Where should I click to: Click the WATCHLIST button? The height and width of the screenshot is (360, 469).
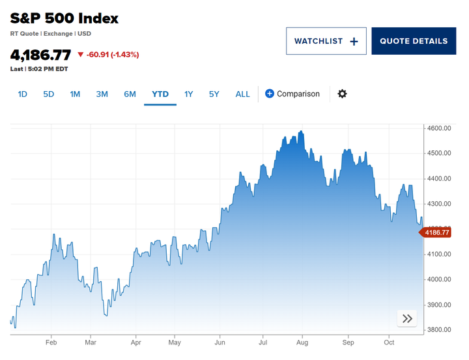coord(326,41)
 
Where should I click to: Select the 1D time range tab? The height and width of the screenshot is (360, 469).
coord(22,94)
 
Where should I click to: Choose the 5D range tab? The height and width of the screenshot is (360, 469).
coord(49,94)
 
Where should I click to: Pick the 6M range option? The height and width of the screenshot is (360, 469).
coord(130,94)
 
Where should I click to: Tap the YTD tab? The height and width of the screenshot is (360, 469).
coord(160,94)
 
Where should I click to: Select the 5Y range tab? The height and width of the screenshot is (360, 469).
coord(214,94)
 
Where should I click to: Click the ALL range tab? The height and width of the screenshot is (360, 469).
coord(242,94)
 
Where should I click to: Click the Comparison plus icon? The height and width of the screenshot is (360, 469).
coord(270,94)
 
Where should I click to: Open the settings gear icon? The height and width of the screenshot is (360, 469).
coord(342,94)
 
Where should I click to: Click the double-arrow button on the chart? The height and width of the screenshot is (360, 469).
coord(407,318)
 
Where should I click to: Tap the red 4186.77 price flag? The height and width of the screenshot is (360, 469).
coord(436,232)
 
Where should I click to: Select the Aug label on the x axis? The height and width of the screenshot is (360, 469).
coord(302,342)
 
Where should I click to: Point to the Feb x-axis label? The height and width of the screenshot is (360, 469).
coord(51,342)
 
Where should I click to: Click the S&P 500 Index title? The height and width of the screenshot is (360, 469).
coord(64,18)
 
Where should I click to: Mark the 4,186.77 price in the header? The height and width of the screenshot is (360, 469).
coord(40,55)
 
